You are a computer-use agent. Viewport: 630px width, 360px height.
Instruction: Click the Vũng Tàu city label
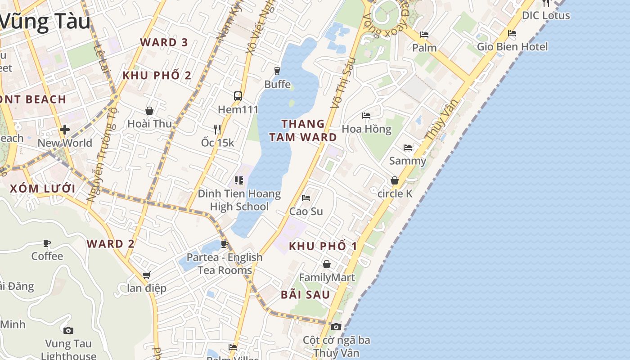coord(45,22)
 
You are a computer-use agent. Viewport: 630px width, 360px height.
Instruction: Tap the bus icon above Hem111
coord(238,96)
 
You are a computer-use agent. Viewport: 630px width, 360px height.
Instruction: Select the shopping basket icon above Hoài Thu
coord(149,110)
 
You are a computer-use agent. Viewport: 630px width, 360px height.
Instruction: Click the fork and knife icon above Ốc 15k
coord(217,130)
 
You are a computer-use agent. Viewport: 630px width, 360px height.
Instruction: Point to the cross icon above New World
coord(65,130)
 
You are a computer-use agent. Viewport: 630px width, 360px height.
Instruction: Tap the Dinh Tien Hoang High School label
coord(239,200)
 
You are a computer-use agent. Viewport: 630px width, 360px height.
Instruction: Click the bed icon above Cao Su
coord(306,198)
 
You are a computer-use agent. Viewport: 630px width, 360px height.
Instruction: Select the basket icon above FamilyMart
coord(327,264)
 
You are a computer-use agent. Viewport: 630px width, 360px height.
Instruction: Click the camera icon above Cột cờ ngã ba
coord(336,327)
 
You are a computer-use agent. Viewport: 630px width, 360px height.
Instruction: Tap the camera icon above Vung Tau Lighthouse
coord(68,331)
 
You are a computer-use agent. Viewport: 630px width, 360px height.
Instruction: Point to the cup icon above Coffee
coord(47,243)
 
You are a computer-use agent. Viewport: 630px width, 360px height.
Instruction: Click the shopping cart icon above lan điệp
coord(146,275)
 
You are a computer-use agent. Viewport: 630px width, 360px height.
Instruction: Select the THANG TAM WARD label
coord(303,130)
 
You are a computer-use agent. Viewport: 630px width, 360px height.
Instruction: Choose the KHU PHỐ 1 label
coord(323,246)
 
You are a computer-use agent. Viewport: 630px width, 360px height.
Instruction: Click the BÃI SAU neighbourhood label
coord(306,295)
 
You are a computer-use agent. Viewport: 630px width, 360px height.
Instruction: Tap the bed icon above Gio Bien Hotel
coord(512,33)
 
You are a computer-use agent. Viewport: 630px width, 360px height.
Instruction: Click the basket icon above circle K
coord(395,180)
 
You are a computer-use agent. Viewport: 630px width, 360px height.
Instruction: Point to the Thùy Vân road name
coord(441,119)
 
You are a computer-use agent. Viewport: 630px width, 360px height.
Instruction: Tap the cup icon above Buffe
coord(277,71)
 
